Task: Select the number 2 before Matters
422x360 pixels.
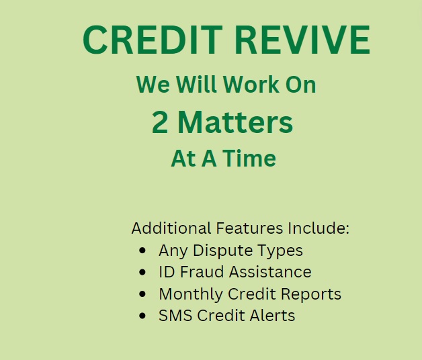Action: (160, 123)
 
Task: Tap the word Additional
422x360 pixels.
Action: (171, 228)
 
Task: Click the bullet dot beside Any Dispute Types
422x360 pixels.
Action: (142, 251)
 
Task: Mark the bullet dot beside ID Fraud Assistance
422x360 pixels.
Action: (142, 272)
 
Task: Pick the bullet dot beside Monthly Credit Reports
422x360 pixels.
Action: (142, 294)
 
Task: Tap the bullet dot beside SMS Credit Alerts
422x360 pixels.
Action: (142, 316)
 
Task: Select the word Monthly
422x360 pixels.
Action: (191, 294)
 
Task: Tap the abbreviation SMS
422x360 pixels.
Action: (174, 316)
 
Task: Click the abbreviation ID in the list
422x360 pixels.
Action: (166, 272)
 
